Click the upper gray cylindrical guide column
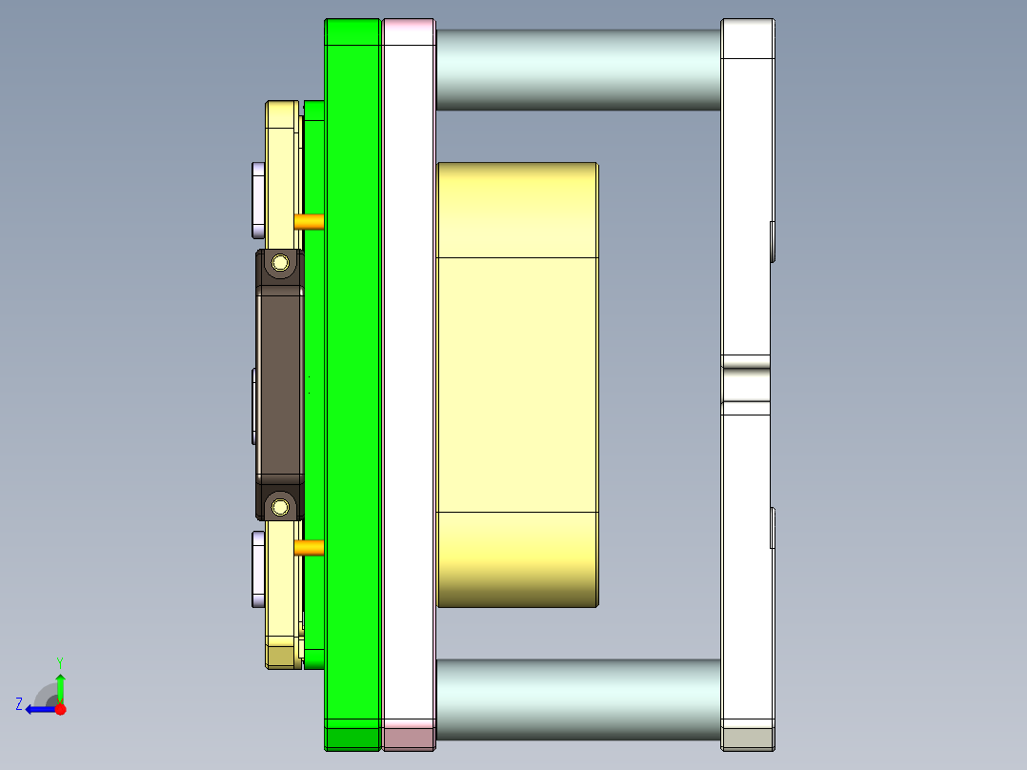577,69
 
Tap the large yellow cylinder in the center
517,384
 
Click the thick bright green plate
352,381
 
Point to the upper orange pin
309,222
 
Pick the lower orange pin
309,547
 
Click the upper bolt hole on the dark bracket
280,262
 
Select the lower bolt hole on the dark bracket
280,505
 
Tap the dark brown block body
279,384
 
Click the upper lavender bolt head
257,200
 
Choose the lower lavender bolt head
257,569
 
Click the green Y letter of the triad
60,661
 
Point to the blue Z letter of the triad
19,704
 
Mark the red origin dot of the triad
60,709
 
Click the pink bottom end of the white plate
409,736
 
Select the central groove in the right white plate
746,384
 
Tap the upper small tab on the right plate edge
773,241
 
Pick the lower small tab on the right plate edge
773,529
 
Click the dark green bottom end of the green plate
352,738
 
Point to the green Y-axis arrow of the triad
60,684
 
